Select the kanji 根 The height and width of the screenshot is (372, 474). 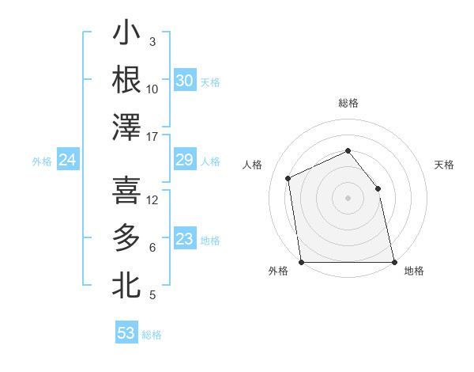(126, 80)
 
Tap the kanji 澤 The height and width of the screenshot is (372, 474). (126, 127)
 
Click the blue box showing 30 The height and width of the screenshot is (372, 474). (184, 81)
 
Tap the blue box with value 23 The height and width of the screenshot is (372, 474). (184, 239)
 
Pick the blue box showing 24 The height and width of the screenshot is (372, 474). (67, 161)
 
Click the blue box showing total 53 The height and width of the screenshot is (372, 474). (126, 333)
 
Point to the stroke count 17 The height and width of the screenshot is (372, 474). (152, 137)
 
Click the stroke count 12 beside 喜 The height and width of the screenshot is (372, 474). (152, 200)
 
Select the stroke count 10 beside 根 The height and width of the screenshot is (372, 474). (152, 89)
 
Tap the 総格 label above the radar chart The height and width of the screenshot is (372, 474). (348, 103)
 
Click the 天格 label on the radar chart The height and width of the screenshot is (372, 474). (444, 165)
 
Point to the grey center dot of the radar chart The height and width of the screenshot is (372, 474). (348, 198)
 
